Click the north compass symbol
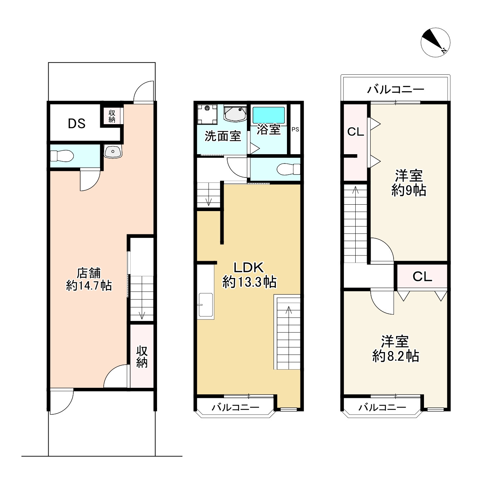(x=435, y=43)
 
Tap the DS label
(x=77, y=123)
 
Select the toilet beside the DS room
(x=62, y=156)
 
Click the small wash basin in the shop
(x=113, y=151)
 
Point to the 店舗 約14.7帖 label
(x=89, y=279)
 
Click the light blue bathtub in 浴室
(x=268, y=115)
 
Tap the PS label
(x=295, y=129)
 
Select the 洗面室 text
(x=223, y=136)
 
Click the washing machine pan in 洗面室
(x=207, y=114)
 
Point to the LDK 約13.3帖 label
(x=249, y=275)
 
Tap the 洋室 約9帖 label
(x=409, y=183)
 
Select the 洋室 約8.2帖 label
(x=396, y=348)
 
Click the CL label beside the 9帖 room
(x=356, y=132)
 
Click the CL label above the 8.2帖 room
(x=423, y=276)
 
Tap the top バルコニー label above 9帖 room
(x=396, y=89)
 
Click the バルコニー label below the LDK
(x=235, y=407)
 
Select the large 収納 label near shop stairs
(x=142, y=357)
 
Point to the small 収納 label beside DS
(x=112, y=116)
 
